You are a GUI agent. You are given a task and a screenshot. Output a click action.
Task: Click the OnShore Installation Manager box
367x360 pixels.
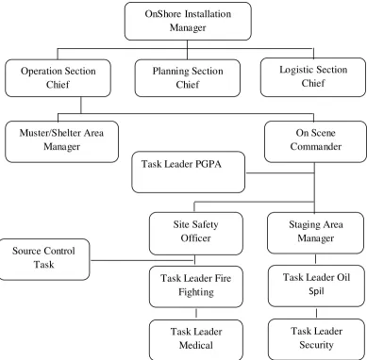[x=188, y=21]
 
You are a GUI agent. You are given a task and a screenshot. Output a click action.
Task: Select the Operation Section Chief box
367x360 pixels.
[x=58, y=78]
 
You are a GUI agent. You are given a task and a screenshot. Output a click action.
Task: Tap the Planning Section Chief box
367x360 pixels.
[x=188, y=78]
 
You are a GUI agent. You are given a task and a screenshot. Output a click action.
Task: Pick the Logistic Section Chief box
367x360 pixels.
[x=313, y=77]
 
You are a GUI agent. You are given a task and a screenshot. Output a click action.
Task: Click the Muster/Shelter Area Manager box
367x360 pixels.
[x=61, y=141]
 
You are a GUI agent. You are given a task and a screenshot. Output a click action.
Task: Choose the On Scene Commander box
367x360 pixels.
[x=315, y=141]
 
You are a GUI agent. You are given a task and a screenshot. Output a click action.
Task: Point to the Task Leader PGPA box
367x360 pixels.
[x=188, y=172]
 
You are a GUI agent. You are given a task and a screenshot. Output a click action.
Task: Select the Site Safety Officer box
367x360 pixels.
[x=196, y=234]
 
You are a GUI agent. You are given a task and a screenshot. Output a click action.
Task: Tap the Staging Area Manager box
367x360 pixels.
[x=315, y=233]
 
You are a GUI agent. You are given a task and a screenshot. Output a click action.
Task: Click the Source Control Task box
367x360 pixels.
[x=44, y=259]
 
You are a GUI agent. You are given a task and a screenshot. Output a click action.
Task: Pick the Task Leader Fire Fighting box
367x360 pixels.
[x=196, y=286]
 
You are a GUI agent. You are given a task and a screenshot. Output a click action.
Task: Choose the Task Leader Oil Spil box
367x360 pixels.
[x=316, y=286]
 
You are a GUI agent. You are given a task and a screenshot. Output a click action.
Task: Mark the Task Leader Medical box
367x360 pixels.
[x=196, y=340]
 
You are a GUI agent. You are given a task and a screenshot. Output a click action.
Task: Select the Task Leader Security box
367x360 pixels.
[x=316, y=339]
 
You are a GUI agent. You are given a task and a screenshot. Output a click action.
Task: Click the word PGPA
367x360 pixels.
[x=209, y=164]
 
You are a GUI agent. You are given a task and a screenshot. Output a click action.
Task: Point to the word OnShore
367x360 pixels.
[x=163, y=14]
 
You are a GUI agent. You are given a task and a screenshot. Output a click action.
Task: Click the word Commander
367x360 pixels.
[x=316, y=146]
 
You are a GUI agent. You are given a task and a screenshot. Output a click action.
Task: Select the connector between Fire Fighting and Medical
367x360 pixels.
[x=196, y=314]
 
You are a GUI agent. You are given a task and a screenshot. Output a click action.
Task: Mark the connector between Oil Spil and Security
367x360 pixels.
[x=316, y=313]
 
